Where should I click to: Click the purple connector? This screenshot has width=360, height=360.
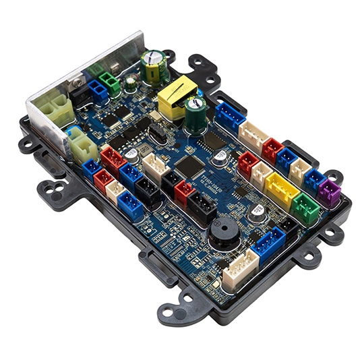[329, 194]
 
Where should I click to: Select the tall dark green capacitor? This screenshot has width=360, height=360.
[196, 115]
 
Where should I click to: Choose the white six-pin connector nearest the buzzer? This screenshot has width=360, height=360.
[241, 270]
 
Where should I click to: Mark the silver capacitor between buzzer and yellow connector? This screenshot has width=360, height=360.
[256, 212]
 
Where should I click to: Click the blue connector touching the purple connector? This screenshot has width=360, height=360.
[313, 180]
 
